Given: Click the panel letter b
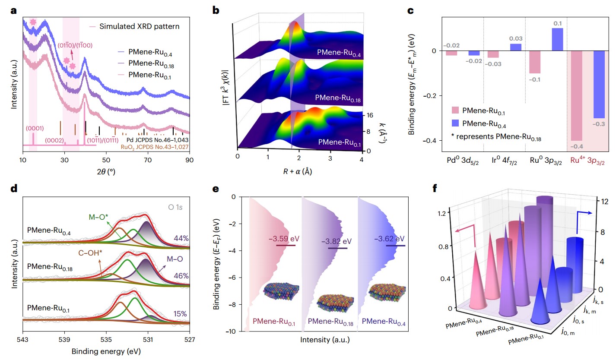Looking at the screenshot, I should click(217, 10).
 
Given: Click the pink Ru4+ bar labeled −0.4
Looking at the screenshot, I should click(577, 95).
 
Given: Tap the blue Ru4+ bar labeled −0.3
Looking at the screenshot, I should click(599, 84).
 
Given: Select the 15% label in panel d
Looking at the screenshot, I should click(180, 314).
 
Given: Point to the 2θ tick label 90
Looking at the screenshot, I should click(190, 159).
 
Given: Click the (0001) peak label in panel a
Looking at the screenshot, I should click(34, 128).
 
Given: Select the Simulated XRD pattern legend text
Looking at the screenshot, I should click(139, 26).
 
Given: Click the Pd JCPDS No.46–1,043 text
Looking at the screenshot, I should click(157, 139).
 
